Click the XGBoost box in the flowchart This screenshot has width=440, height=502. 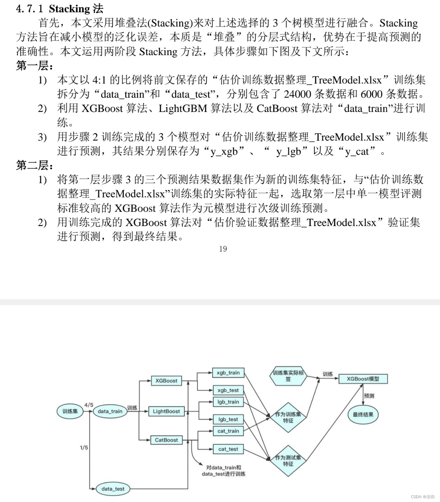pyautogui.click(x=166, y=381)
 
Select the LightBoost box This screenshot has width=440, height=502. pyautogui.click(x=166, y=411)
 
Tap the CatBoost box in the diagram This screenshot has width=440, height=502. pyautogui.click(x=166, y=440)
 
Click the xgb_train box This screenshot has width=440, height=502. pyautogui.click(x=228, y=373)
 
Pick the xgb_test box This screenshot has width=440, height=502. pyautogui.click(x=228, y=390)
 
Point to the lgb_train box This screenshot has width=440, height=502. pyautogui.click(x=228, y=402)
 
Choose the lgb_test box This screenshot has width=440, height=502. pyautogui.click(x=228, y=419)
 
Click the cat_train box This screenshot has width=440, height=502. pyautogui.click(x=228, y=431)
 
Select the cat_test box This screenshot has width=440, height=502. pyautogui.click(x=228, y=449)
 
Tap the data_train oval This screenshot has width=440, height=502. pyautogui.click(x=110, y=411)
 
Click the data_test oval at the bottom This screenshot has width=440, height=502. pyautogui.click(x=113, y=489)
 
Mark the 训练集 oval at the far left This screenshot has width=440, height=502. pyautogui.click(x=70, y=411)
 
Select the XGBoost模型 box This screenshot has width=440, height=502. pyautogui.click(x=363, y=379)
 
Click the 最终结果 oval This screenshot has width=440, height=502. pyautogui.click(x=363, y=414)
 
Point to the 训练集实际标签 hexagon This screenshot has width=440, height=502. pyautogui.click(x=288, y=376)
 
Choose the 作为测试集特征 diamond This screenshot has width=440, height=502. pyautogui.click(x=288, y=460)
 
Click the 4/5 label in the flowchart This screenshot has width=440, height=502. pyautogui.click(x=89, y=405)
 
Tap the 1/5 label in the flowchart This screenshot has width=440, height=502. pyautogui.click(x=84, y=448)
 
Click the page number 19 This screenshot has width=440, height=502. pyautogui.click(x=223, y=249)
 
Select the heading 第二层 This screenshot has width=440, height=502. pyautogui.click(x=34, y=165)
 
